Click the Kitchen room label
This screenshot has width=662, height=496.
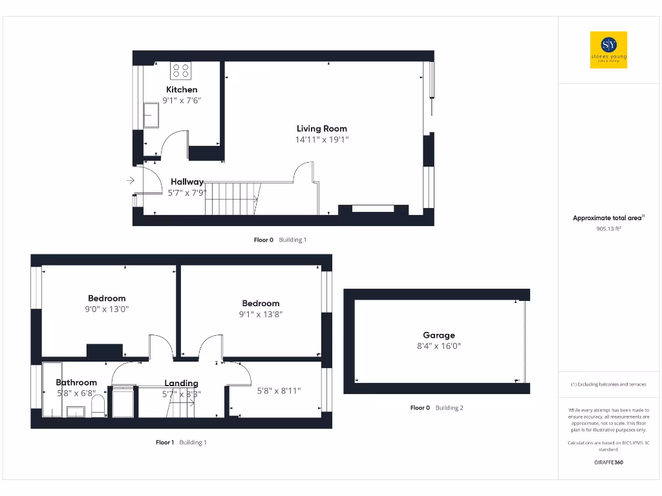coord(182,89)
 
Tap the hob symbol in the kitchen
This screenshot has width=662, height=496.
coord(180,70)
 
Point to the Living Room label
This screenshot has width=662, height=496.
coord(322,129)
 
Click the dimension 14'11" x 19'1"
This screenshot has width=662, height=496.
coord(322,139)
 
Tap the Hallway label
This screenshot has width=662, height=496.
coord(187,182)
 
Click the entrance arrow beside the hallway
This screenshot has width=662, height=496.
coord(131,181)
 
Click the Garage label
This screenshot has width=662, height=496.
coord(439,335)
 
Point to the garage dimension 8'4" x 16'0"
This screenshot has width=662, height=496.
coord(439,346)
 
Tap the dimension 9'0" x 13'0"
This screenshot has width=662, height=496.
coord(107,309)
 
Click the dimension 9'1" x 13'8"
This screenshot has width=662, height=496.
coord(261,315)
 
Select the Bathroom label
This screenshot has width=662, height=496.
coord(76,382)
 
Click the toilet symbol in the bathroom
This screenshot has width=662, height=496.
coord(98,407)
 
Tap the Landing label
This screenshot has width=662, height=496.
coord(181,383)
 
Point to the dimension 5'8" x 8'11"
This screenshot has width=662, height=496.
coord(279,391)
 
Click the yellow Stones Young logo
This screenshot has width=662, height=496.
coord(608,50)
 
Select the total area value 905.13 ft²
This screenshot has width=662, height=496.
coord(608,228)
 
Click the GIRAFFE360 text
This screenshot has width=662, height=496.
coord(608,462)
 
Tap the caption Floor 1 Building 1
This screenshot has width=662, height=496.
coord(181,442)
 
